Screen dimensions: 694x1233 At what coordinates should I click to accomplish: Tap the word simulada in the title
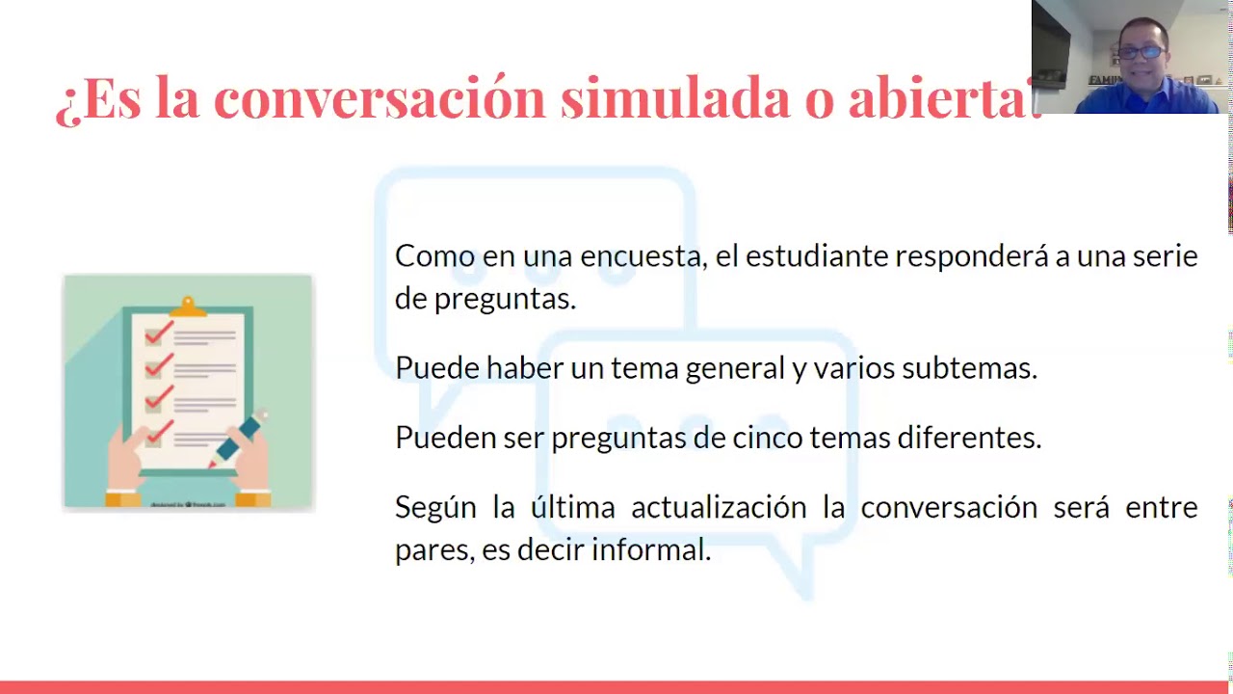tap(675, 97)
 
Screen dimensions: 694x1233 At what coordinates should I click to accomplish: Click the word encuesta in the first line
tap(641, 256)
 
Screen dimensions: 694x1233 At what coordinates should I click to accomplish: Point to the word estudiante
tap(818, 256)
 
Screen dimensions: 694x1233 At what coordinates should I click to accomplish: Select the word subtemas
tap(968, 368)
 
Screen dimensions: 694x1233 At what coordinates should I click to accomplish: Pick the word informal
tap(650, 550)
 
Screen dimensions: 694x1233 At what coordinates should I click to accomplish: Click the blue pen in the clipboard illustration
tap(239, 439)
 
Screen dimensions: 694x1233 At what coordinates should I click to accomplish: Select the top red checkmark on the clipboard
tap(159, 334)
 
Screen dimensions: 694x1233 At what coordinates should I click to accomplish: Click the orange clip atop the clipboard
tap(188, 307)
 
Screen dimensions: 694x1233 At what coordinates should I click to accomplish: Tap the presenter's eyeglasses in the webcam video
tap(1141, 52)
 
